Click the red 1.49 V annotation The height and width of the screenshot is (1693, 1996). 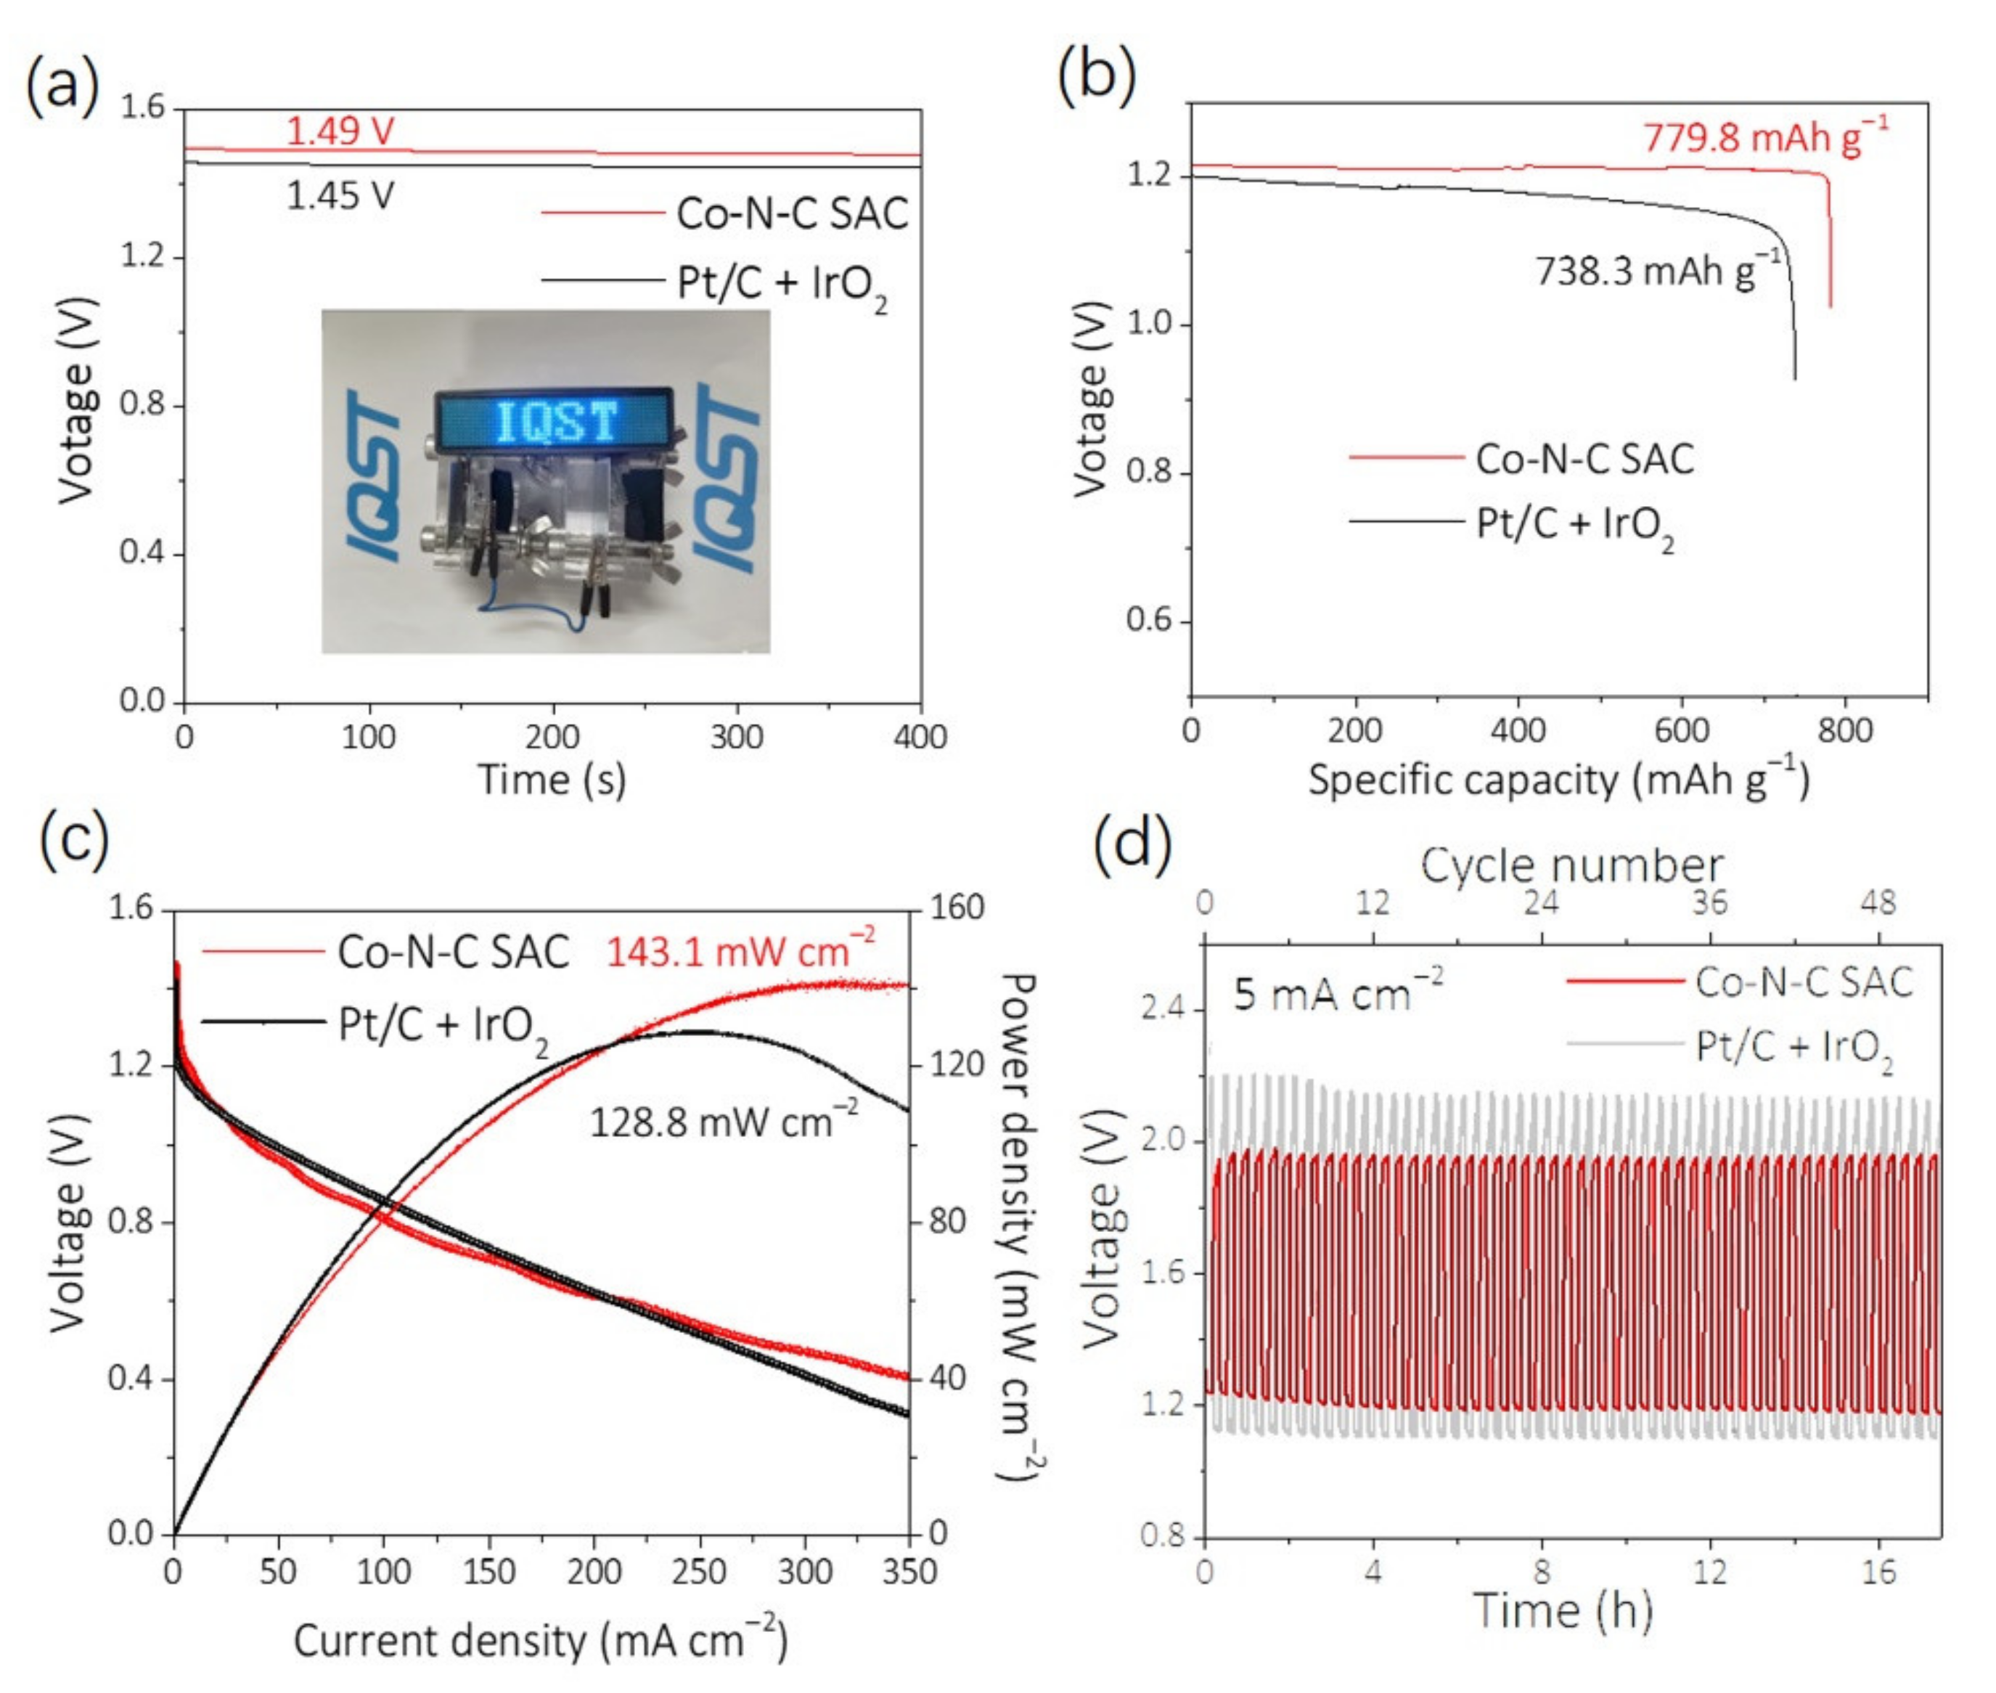(x=340, y=131)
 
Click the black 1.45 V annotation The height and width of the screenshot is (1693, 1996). (x=340, y=196)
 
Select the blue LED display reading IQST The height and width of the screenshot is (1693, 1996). (x=555, y=420)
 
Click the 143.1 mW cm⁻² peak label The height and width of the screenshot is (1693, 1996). (x=740, y=952)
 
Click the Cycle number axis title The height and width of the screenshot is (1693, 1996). (x=1571, y=865)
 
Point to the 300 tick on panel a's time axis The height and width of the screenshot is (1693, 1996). (x=736, y=737)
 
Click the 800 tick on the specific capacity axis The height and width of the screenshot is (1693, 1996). (x=1844, y=730)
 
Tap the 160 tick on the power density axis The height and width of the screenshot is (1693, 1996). (x=957, y=907)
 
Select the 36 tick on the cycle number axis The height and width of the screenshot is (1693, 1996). (x=1709, y=903)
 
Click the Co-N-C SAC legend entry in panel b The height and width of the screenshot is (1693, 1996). (x=1583, y=459)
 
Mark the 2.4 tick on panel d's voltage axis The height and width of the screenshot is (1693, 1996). (x=1163, y=1008)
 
